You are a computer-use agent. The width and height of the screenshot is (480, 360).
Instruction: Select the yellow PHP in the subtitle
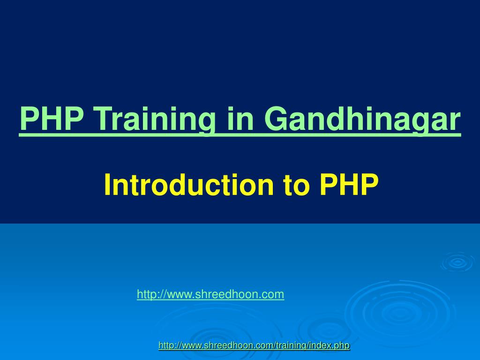point(349,185)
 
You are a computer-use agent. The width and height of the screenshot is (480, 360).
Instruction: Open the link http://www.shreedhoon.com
point(210,294)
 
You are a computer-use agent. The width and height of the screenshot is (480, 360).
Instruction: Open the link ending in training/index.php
point(254,345)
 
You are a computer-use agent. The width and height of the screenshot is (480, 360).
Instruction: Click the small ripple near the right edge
point(457,262)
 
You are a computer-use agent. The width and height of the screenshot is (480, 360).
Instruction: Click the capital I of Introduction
point(107,185)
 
